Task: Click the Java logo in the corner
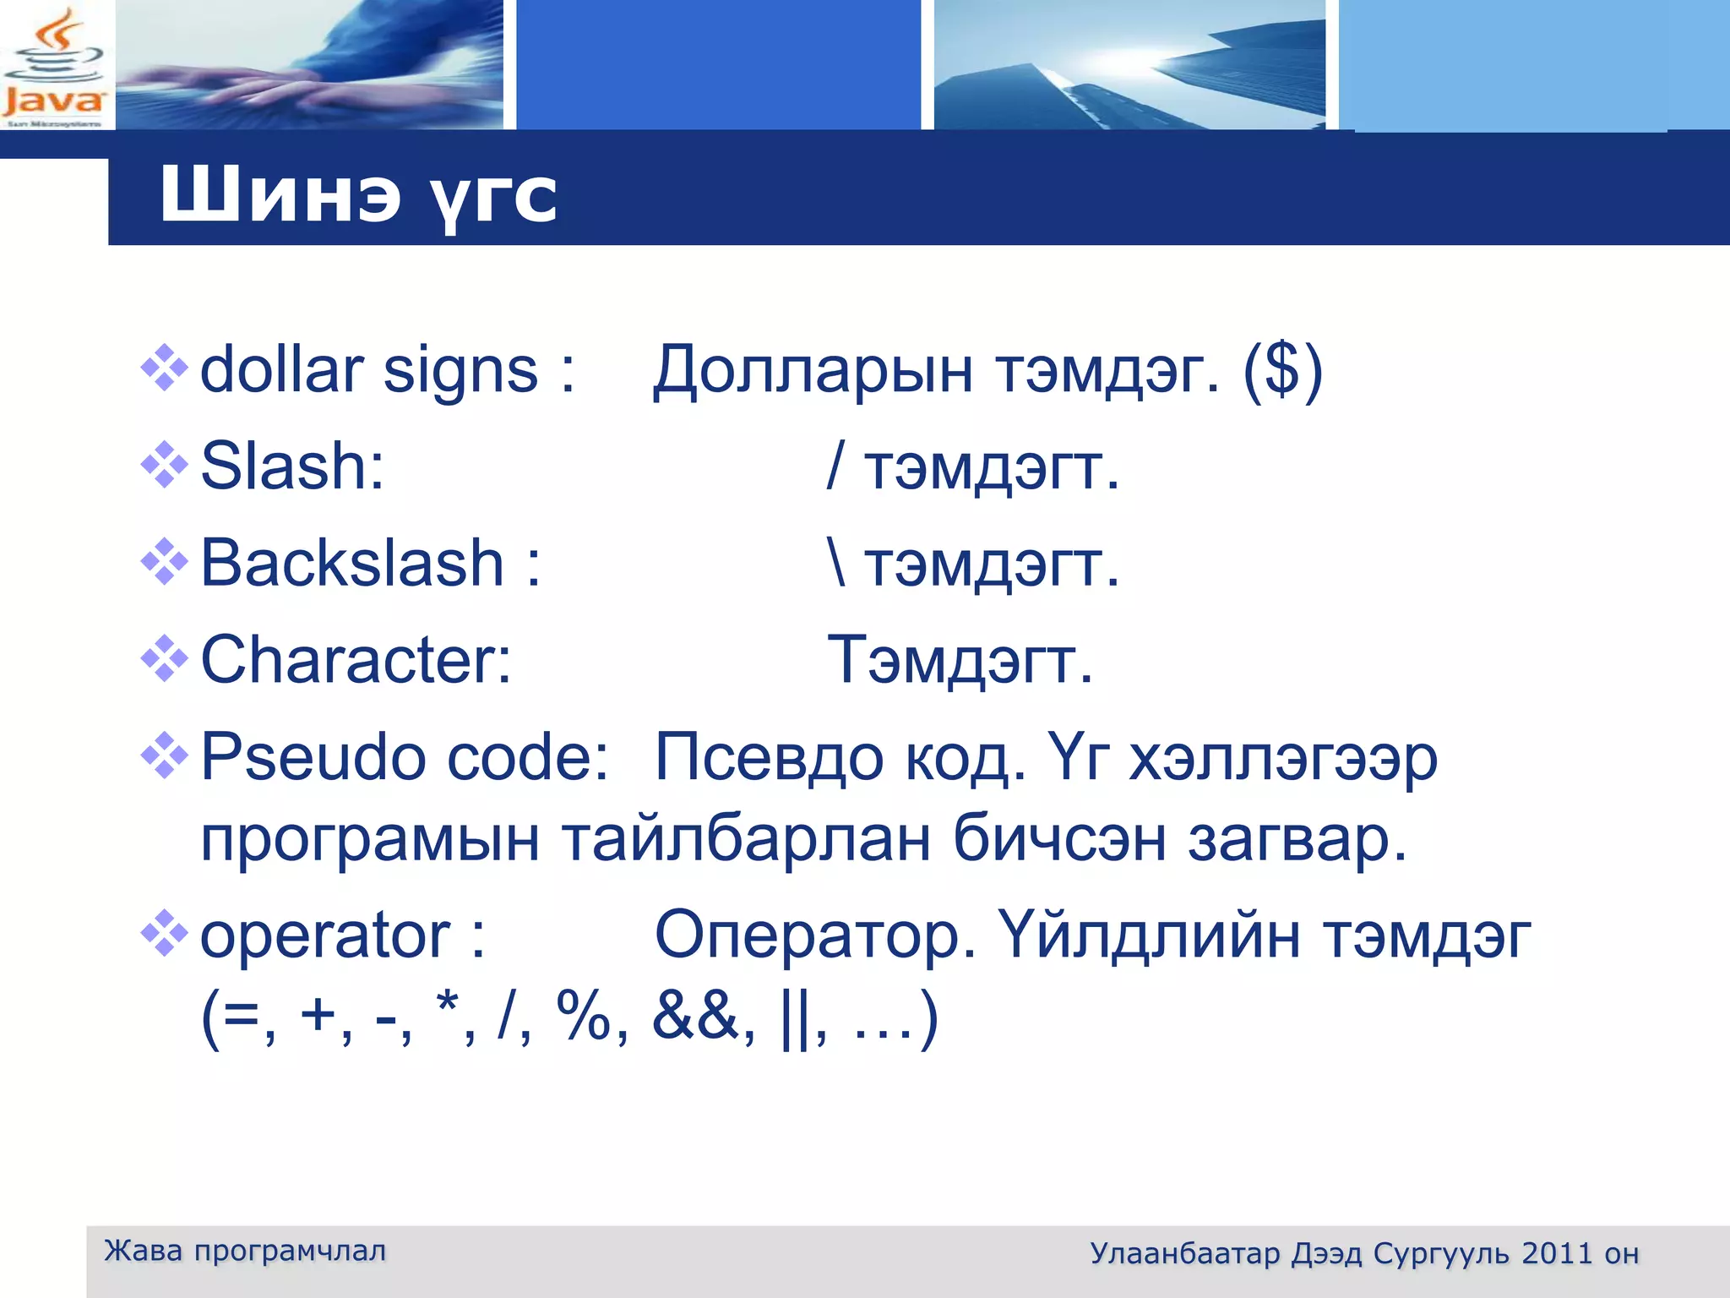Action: pyautogui.click(x=54, y=68)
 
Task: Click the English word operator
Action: pyautogui.click(x=324, y=935)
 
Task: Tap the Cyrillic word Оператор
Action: pyautogui.click(x=815, y=935)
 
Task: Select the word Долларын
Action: pyautogui.click(x=813, y=372)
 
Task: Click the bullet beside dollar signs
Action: pyautogui.click(x=164, y=368)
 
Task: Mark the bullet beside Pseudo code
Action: pyautogui.click(x=164, y=755)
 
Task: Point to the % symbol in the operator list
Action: pyautogui.click(x=583, y=1017)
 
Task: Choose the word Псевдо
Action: pyautogui.click(x=769, y=757)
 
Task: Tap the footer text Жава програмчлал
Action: pyautogui.click(x=245, y=1251)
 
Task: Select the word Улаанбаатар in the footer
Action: pyautogui.click(x=1184, y=1253)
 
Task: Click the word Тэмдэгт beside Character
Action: pyautogui.click(x=959, y=660)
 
